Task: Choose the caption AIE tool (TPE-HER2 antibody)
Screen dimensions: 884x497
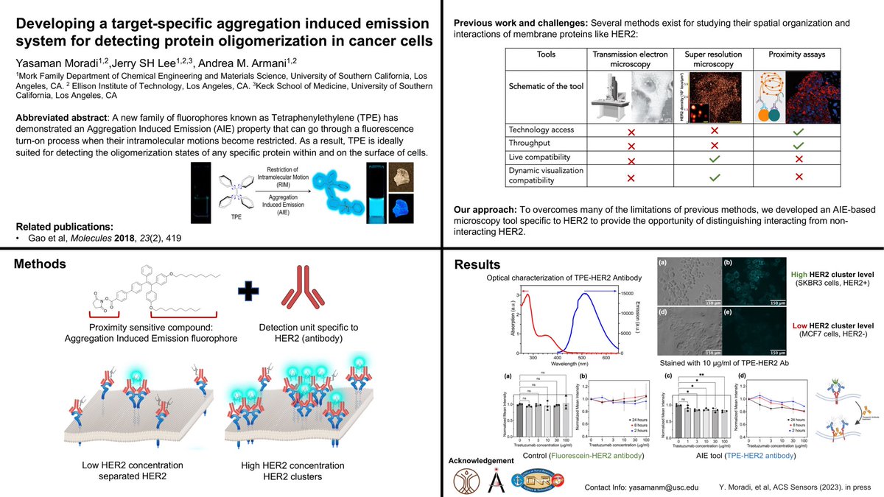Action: [x=741, y=456]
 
